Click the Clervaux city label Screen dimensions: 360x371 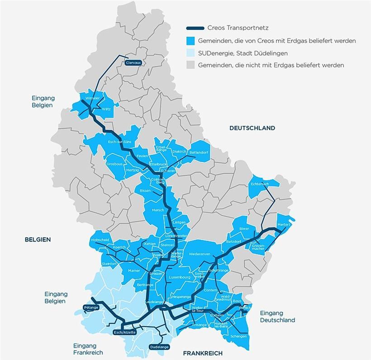(x=133, y=63)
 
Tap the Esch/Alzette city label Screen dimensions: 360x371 (x=124, y=332)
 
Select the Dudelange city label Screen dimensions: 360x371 (x=159, y=347)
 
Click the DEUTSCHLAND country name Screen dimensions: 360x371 (x=252, y=128)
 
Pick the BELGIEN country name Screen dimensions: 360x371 (x=38, y=240)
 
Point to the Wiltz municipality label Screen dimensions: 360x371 (x=106, y=109)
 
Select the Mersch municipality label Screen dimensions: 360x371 (x=158, y=210)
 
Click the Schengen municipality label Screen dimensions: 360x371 (x=238, y=336)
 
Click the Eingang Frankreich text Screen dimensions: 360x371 (x=88, y=349)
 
